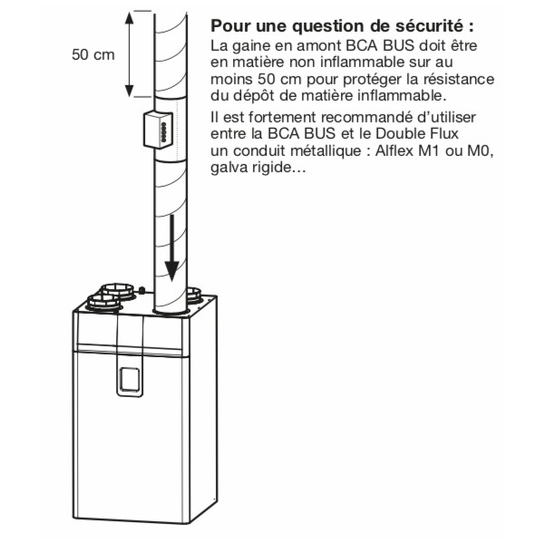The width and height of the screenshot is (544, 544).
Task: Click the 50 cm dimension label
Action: pos(93,54)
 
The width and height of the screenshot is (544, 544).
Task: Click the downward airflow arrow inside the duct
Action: pos(171,248)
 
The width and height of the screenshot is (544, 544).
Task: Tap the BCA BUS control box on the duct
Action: pos(158,129)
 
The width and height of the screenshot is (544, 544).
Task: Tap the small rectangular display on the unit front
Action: pos(130,379)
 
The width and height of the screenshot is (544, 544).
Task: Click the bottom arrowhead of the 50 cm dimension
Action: pos(129,91)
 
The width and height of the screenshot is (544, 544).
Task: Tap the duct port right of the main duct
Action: pos(194,296)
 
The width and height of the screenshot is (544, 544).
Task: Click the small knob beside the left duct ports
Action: pos(141,290)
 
